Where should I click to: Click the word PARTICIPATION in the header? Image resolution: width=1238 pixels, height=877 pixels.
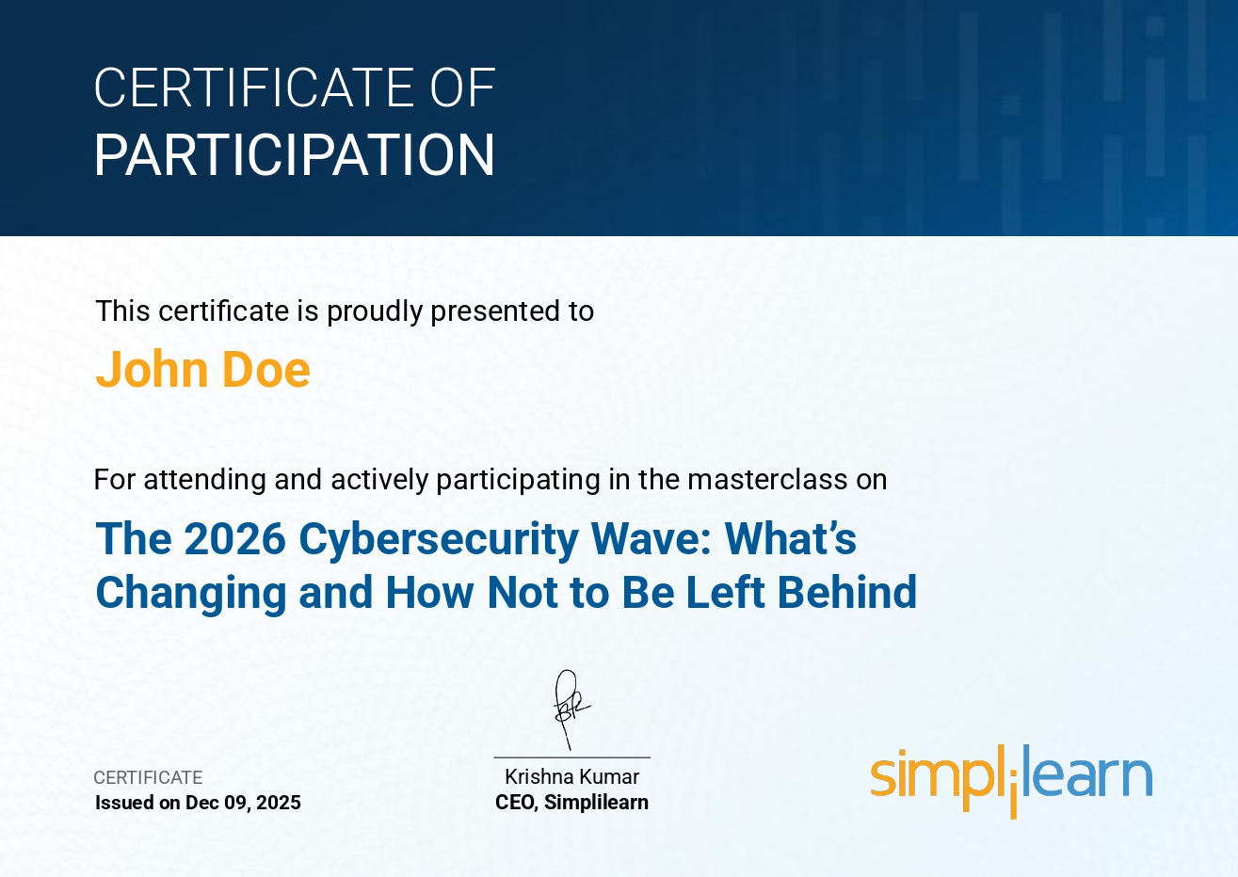coord(295,155)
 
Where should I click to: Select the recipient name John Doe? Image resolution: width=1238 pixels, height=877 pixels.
coord(202,370)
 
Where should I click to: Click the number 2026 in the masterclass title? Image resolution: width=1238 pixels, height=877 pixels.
coord(234,538)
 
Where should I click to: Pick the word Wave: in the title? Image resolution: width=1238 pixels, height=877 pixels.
coord(651,538)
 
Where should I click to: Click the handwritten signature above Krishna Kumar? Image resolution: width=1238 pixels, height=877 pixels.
coord(570,710)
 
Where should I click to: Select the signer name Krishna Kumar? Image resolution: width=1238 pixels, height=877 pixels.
coord(572,777)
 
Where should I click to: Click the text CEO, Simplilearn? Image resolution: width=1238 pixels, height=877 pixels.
coord(572,803)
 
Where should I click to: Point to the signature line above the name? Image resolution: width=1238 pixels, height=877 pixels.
coord(572,757)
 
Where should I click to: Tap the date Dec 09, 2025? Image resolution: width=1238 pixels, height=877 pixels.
coord(243,803)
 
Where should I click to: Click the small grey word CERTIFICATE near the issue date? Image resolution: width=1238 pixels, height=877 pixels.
coord(148,777)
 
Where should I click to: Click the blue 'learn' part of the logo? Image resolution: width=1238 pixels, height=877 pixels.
coord(1087,771)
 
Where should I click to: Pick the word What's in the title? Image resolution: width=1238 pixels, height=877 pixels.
coord(790,538)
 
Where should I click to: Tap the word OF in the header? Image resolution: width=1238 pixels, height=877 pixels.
coord(462,88)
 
